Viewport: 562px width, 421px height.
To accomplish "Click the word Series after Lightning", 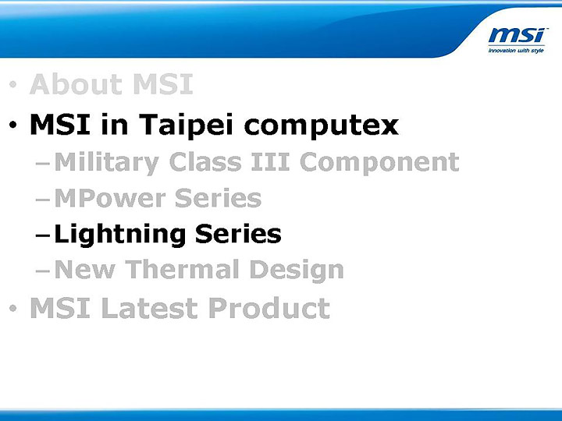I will pyautogui.click(x=238, y=234).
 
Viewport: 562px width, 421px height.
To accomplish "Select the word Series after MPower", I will pyautogui.click(x=218, y=198).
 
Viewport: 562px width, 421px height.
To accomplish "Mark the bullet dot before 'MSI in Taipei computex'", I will pyautogui.click(x=12, y=126).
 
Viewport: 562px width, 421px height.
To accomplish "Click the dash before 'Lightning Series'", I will pyautogui.click(x=44, y=235).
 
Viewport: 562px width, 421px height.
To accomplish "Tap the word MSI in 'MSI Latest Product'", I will pyautogui.click(x=56, y=309).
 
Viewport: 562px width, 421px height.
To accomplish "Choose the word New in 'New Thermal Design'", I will pyautogui.click(x=87, y=270).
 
